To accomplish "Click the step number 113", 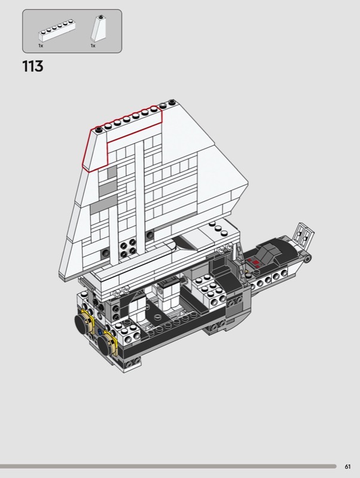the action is click(33, 66).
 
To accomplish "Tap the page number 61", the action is click(347, 467).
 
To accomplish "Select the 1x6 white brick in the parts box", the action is click(57, 30).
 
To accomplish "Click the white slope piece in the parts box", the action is click(99, 28).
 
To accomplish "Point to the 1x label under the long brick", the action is click(41, 46).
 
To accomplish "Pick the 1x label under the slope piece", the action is click(93, 46).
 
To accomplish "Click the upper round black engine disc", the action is click(83, 324).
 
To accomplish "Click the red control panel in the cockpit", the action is click(253, 261).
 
